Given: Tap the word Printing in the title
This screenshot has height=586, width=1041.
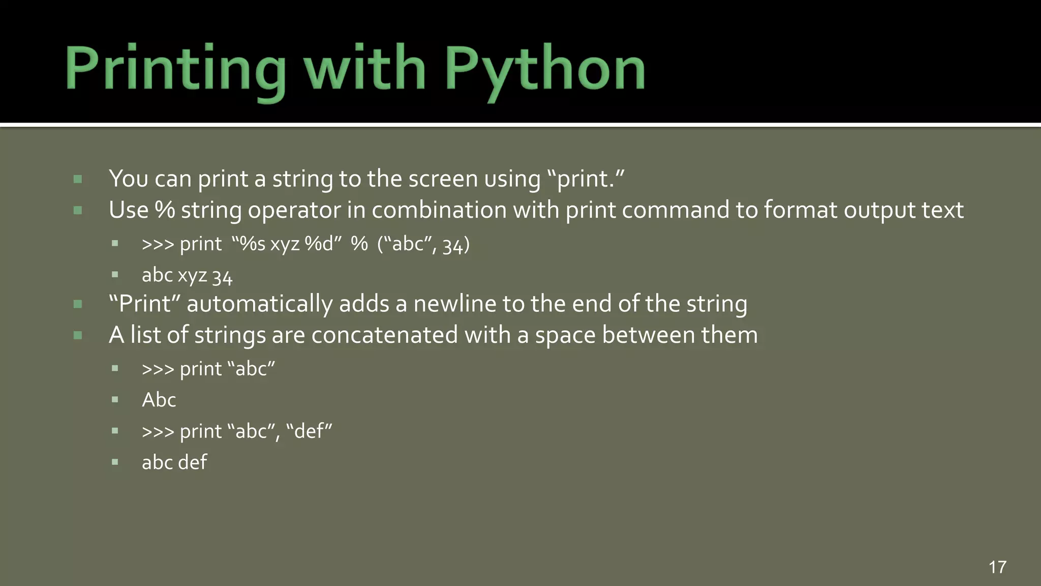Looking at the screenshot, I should tap(175, 69).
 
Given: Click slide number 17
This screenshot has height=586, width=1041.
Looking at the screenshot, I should tap(997, 567).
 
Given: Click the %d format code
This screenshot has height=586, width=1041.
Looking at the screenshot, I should tap(319, 244).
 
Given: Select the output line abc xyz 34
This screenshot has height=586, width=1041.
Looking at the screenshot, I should tap(187, 276).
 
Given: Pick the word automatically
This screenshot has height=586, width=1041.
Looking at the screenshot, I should tap(259, 304).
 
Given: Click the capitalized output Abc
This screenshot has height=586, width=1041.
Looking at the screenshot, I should tap(159, 400).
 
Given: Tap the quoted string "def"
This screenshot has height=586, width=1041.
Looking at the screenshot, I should tap(309, 431).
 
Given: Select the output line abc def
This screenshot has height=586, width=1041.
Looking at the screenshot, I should tap(174, 462).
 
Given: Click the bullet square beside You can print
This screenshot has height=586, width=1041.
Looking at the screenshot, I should tap(78, 179).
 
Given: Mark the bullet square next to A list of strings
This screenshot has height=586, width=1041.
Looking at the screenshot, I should tap(78, 335).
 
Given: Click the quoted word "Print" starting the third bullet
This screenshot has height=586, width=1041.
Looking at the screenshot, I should tap(145, 304).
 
